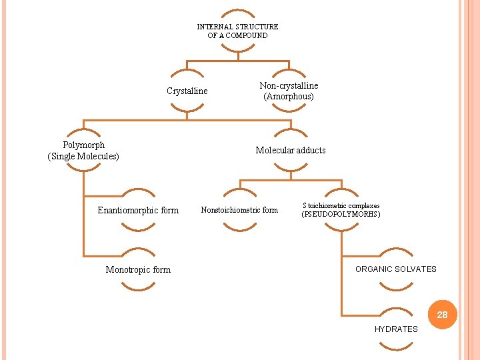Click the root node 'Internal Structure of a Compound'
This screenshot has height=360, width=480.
[237, 31]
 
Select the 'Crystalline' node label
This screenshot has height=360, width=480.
[187, 91]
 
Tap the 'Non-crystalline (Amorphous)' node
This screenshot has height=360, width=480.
[289, 91]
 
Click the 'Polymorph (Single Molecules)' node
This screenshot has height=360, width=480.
[83, 151]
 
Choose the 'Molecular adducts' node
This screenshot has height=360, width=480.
[291, 150]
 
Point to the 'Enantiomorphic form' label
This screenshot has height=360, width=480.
[138, 210]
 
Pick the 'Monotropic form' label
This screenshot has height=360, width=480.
[138, 269]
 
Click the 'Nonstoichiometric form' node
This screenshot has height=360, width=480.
[239, 210]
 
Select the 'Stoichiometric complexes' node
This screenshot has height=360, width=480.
[341, 206]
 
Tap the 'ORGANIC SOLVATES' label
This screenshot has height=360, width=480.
[395, 269]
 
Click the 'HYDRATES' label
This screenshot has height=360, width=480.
[396, 329]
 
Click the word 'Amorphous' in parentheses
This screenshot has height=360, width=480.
[289, 96]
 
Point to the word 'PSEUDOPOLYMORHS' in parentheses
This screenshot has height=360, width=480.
[341, 215]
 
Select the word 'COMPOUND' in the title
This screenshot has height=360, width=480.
[246, 35]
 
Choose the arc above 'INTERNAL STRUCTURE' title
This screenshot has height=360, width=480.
[237, 13]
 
